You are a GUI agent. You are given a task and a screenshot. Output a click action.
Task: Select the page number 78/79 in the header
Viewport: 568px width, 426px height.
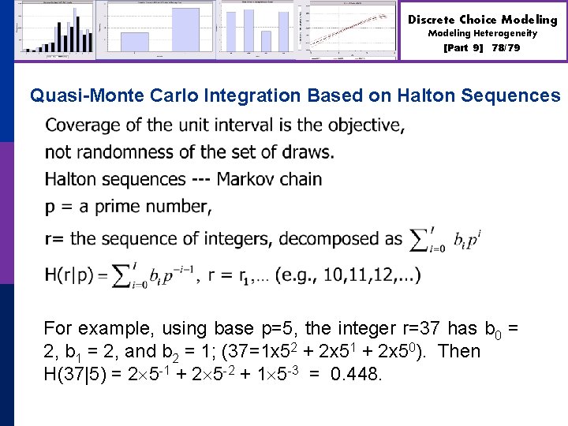(x=506, y=48)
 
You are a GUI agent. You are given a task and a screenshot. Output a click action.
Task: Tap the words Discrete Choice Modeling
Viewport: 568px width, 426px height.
(x=482, y=20)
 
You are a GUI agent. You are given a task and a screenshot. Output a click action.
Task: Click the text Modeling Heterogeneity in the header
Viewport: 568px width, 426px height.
(x=482, y=34)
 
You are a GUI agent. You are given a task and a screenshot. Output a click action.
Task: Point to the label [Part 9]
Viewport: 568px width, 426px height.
(x=464, y=48)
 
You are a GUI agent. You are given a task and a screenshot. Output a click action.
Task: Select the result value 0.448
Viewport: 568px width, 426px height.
(x=355, y=374)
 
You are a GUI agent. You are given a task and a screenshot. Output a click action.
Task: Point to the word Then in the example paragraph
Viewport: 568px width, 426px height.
(x=458, y=351)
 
